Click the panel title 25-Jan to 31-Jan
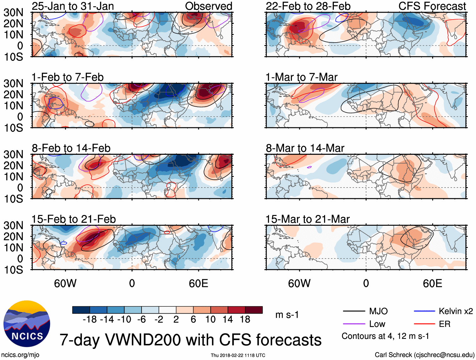73,6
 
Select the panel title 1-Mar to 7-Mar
301,77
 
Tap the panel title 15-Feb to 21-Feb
74,219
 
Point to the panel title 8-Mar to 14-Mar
305,148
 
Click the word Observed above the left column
208,6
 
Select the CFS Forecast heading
432,6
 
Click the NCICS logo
27,324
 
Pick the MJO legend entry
378,311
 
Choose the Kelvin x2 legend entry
456,311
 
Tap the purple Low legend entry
377,324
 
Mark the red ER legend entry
444,324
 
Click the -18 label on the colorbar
90,320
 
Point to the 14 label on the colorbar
228,320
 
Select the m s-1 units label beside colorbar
287,315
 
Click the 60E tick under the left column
198,284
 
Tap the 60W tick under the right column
299,284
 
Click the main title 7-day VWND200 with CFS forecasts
190,340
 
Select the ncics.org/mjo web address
20,355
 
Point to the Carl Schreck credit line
424,355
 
